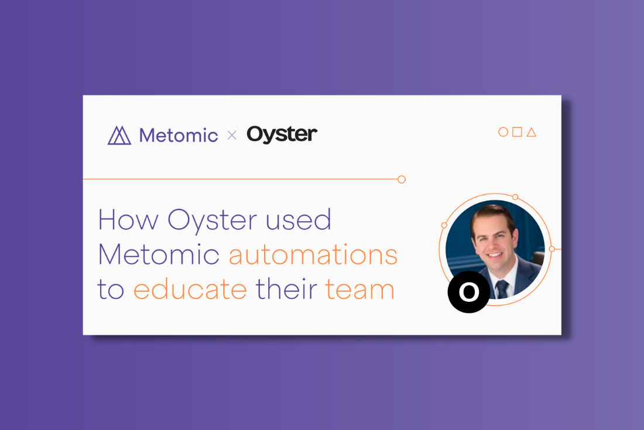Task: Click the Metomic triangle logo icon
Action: (119, 135)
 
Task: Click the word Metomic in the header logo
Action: (179, 135)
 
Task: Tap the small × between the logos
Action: (232, 135)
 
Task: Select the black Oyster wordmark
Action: (282, 135)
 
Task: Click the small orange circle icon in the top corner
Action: (503, 132)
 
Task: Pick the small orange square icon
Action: (517, 132)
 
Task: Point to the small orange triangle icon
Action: (532, 132)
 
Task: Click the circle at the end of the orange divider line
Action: (402, 179)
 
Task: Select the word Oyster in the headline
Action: (213, 222)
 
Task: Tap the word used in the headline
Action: (299, 219)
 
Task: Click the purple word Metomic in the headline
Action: (159, 254)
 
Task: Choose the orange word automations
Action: (313, 254)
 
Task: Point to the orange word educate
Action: (190, 289)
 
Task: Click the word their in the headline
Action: (287, 288)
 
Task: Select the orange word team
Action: (360, 289)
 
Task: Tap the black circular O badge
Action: (468, 292)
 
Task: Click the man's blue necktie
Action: (502, 289)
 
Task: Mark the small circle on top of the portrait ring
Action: (515, 197)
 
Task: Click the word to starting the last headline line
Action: (111, 289)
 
